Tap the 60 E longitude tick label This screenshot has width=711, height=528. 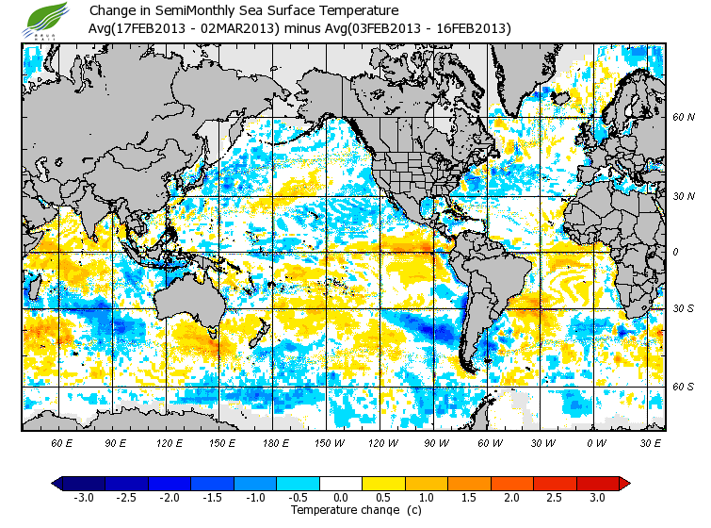coord(62,442)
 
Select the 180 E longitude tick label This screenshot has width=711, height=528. coord(276,442)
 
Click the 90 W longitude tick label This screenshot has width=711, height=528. coord(437,442)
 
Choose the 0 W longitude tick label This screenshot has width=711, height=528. coord(597,442)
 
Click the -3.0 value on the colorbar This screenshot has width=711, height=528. coord(84,497)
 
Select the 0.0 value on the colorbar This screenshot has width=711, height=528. coord(342,497)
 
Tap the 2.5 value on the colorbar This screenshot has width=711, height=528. coord(556,497)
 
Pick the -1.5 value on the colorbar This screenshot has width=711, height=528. coord(213,497)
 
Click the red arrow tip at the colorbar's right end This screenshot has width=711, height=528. coord(624,484)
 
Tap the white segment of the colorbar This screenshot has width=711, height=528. coord(342,484)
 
